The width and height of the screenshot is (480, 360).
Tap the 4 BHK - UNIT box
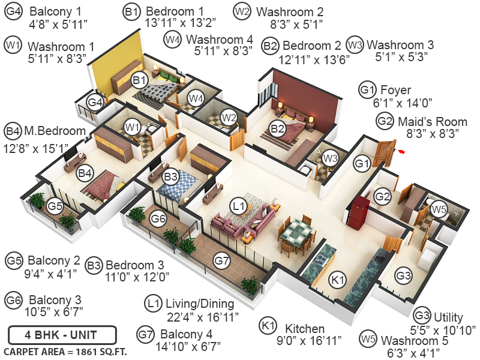click(62, 334)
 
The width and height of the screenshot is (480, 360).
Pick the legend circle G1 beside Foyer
click(367, 90)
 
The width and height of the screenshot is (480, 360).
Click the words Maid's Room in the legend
click(424, 121)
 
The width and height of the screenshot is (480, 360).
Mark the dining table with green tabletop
click(297, 230)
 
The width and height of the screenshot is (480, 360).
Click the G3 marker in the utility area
click(403, 275)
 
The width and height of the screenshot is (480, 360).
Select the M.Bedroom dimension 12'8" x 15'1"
click(36, 146)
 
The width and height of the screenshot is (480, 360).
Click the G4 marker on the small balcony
click(95, 103)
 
